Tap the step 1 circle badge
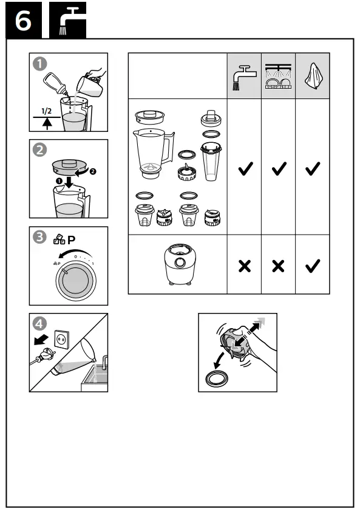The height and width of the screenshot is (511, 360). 39,63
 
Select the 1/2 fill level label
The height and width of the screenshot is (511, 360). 46,112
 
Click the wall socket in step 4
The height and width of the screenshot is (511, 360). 61,338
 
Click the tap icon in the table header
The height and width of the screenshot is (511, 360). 244,77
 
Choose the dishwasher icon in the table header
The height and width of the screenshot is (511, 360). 278,77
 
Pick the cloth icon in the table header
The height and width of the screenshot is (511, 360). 313,77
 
